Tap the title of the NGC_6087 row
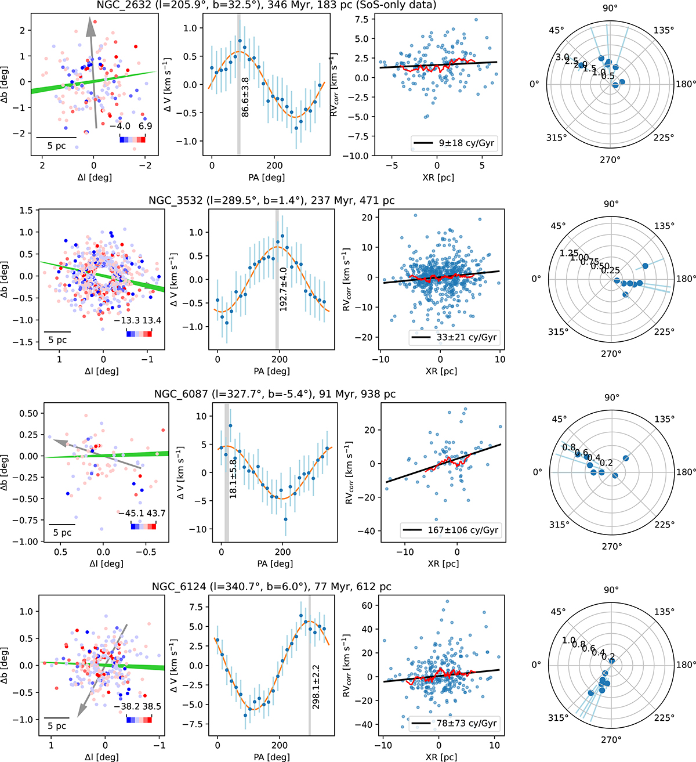click(275, 394)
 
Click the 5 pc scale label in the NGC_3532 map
click(57, 340)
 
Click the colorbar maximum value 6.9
click(145, 126)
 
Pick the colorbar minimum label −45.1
click(129, 513)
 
